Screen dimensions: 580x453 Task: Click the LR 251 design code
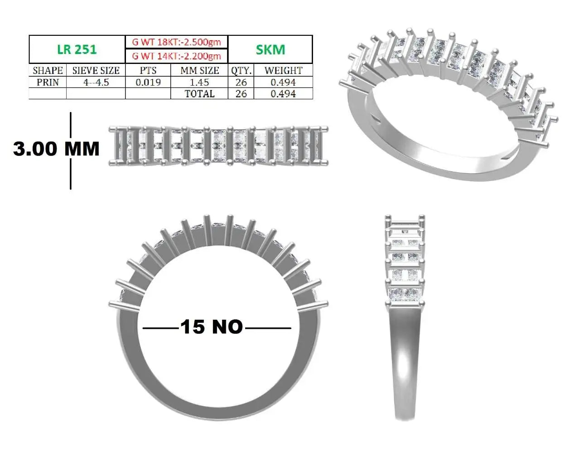(77, 49)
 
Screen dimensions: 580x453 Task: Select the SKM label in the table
(271, 50)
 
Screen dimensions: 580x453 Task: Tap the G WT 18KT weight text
(176, 42)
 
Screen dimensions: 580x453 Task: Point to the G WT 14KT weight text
(176, 56)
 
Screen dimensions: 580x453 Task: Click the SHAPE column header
(48, 71)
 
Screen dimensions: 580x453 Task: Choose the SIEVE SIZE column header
(96, 71)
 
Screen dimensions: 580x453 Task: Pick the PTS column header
(148, 71)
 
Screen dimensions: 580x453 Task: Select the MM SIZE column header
(200, 71)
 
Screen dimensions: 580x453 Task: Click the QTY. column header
(241, 71)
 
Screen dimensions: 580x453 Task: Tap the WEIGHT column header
(284, 71)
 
